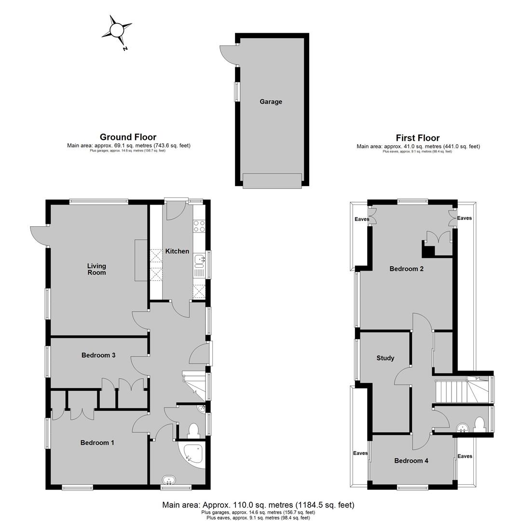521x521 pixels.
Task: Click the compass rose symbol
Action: (x=117, y=30)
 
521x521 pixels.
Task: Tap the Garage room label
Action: (x=271, y=102)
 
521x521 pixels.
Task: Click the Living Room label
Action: (x=96, y=269)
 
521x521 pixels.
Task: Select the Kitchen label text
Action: (x=177, y=251)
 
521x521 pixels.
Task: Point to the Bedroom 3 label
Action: (x=98, y=355)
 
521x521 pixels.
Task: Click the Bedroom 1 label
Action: (x=97, y=442)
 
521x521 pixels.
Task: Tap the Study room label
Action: (x=385, y=358)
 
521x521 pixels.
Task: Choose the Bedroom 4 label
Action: (x=411, y=461)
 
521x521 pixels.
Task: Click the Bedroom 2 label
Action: (x=407, y=269)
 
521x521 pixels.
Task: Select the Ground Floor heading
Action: (x=128, y=137)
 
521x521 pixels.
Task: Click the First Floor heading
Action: (x=418, y=138)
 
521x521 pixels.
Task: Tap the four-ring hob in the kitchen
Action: (x=199, y=226)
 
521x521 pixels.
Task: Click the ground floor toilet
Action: (x=193, y=430)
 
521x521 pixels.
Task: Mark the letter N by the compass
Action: (x=125, y=49)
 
